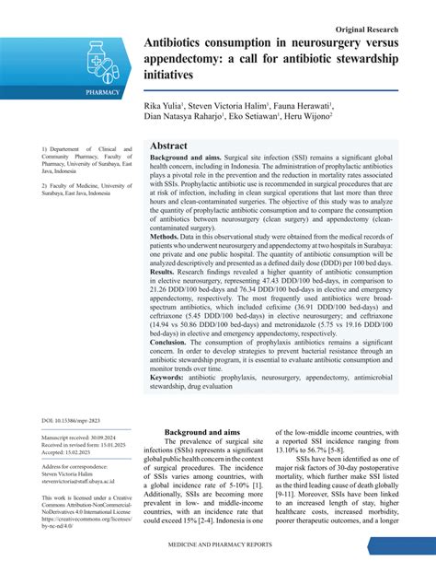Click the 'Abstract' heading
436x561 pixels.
[168, 146]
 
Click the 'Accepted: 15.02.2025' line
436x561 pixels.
[72, 453]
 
